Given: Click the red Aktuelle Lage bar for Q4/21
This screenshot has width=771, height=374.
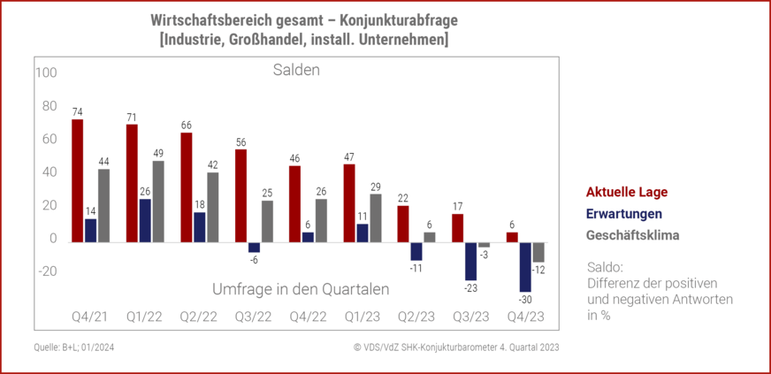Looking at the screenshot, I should (x=78, y=180).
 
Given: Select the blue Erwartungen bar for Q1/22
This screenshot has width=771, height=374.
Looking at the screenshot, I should (x=145, y=220).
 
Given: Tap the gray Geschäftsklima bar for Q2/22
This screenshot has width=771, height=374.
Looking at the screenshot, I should (x=213, y=207).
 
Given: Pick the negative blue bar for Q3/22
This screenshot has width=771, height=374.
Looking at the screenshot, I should (x=254, y=247).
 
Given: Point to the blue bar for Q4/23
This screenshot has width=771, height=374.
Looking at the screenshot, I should (x=525, y=266).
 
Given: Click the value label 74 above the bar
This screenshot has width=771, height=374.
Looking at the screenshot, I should (x=78, y=111).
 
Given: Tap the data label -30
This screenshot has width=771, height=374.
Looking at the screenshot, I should (x=526, y=300).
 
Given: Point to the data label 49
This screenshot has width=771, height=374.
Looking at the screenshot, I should (x=159, y=153).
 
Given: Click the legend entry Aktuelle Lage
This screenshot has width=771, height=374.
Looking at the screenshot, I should (x=627, y=193).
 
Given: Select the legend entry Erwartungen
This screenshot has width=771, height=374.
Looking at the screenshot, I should (x=624, y=214).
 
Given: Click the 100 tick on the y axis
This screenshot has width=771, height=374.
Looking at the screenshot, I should (x=45, y=72).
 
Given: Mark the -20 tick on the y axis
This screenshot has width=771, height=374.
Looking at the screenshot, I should (x=45, y=272).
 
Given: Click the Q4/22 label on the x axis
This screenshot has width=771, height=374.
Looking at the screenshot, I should (x=308, y=317).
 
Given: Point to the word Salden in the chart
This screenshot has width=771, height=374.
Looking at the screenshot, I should (x=295, y=70).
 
